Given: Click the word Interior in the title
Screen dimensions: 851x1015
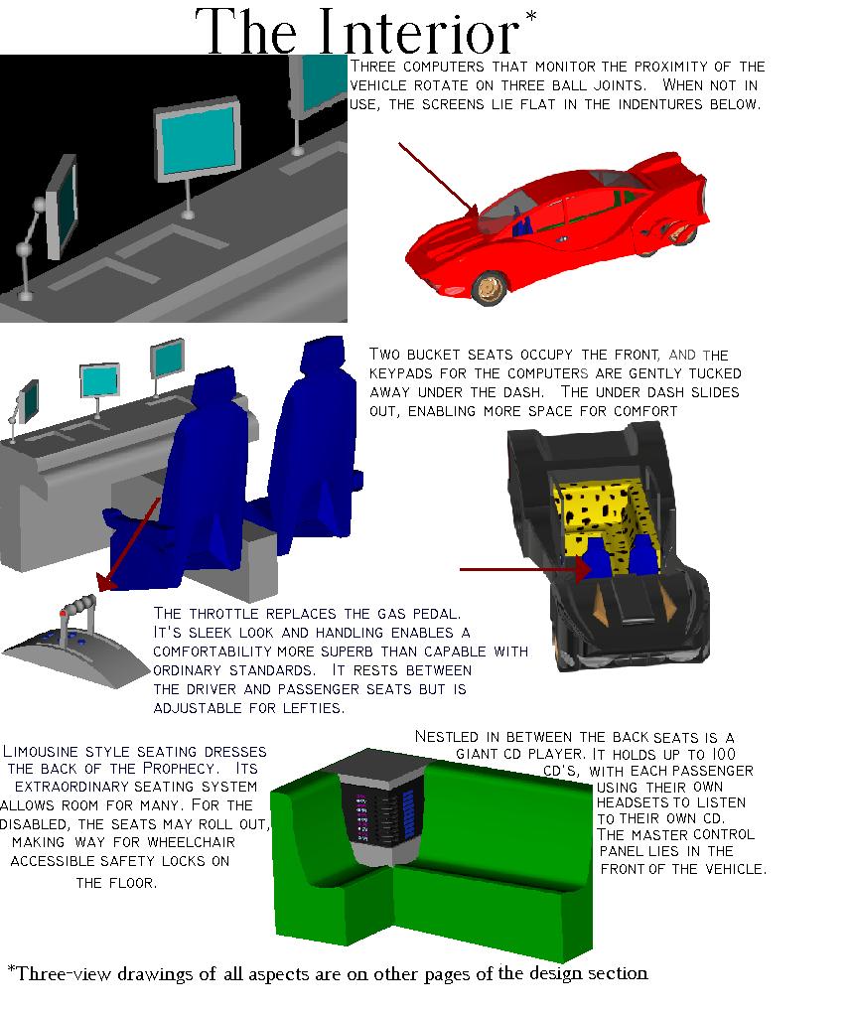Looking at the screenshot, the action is point(419,33).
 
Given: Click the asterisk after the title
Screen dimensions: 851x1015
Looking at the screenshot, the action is point(531,17).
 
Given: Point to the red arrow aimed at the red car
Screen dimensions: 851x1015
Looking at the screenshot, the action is point(438,181).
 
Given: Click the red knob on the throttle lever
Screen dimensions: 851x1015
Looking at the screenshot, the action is point(63,613).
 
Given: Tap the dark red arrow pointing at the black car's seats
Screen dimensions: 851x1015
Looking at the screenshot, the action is point(525,570).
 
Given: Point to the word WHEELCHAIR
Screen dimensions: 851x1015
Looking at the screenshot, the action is point(192,842).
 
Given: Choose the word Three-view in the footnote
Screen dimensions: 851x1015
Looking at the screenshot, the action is point(59,974).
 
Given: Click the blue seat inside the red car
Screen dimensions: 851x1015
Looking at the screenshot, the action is point(522,223).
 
